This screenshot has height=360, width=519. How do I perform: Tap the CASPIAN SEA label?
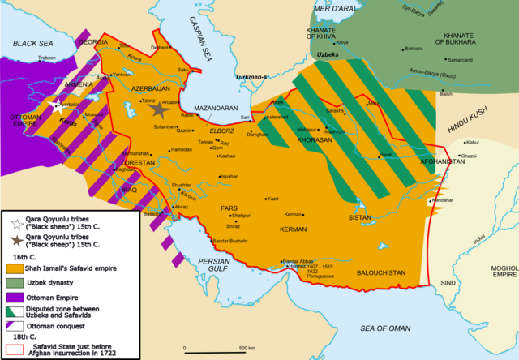coord(200,36)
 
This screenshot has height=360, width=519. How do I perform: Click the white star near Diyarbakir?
coord(58,105)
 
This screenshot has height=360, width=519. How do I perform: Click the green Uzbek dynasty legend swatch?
coord(14,281)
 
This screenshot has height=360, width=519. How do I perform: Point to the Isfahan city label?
coord(229,176)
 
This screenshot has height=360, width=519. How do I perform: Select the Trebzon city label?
coord(46,58)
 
